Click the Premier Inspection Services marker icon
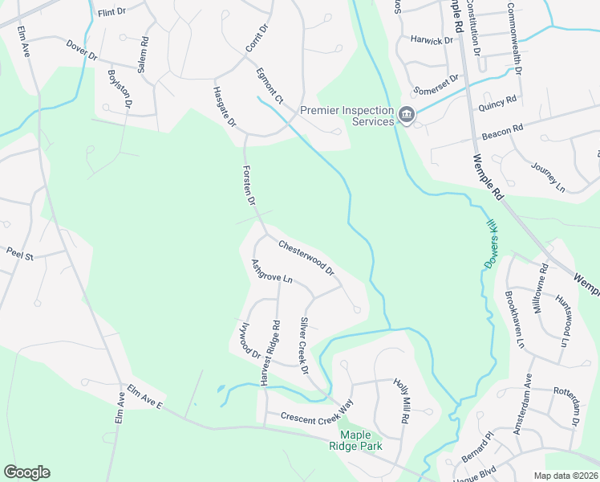pyautogui.click(x=407, y=116)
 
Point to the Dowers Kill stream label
pyautogui.click(x=493, y=246)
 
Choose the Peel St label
pyautogui.click(x=18, y=255)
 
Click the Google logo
pyautogui.click(x=26, y=472)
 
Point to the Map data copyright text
pyautogui.click(x=565, y=476)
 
